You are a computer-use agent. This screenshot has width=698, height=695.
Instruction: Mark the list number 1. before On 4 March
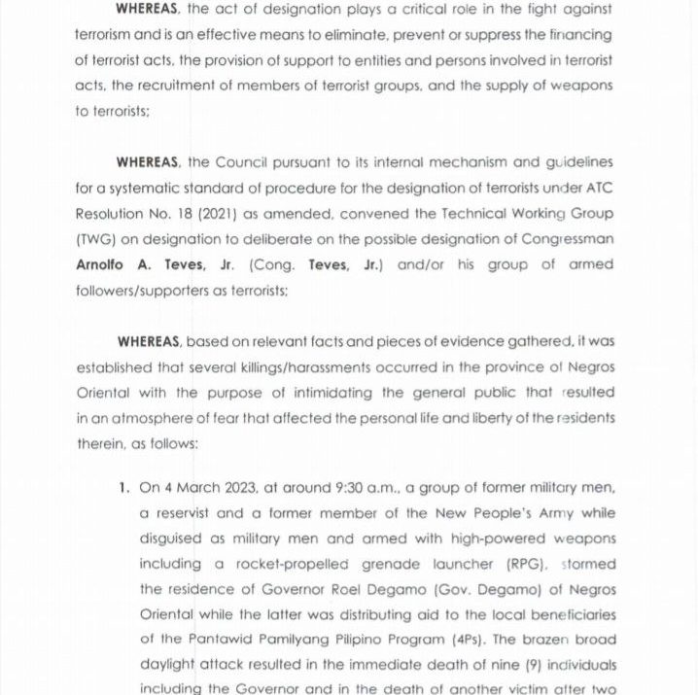tap(123, 487)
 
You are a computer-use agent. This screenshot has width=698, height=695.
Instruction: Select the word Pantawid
tap(192, 641)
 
